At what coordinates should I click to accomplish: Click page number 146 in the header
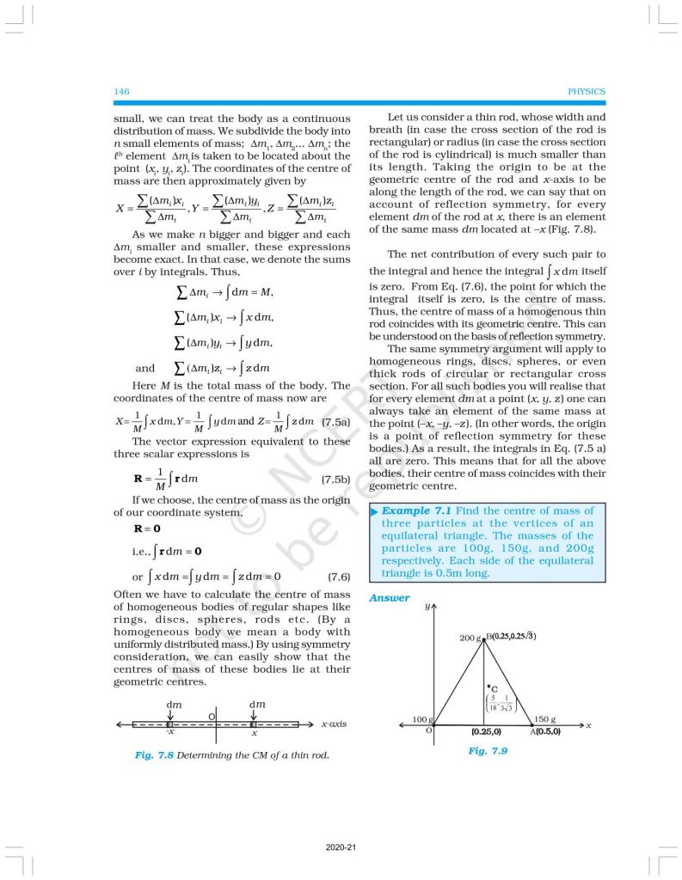(x=121, y=91)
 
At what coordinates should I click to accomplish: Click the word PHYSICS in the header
(x=587, y=91)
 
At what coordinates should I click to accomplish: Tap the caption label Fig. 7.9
(x=488, y=750)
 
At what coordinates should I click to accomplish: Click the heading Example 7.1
(x=415, y=510)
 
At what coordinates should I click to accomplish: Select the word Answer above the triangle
(x=390, y=598)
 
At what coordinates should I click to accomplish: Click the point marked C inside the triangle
(x=489, y=687)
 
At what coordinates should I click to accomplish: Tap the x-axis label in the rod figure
(x=334, y=724)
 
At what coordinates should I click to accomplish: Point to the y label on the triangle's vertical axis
(x=427, y=607)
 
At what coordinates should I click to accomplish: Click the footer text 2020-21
(x=341, y=847)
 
